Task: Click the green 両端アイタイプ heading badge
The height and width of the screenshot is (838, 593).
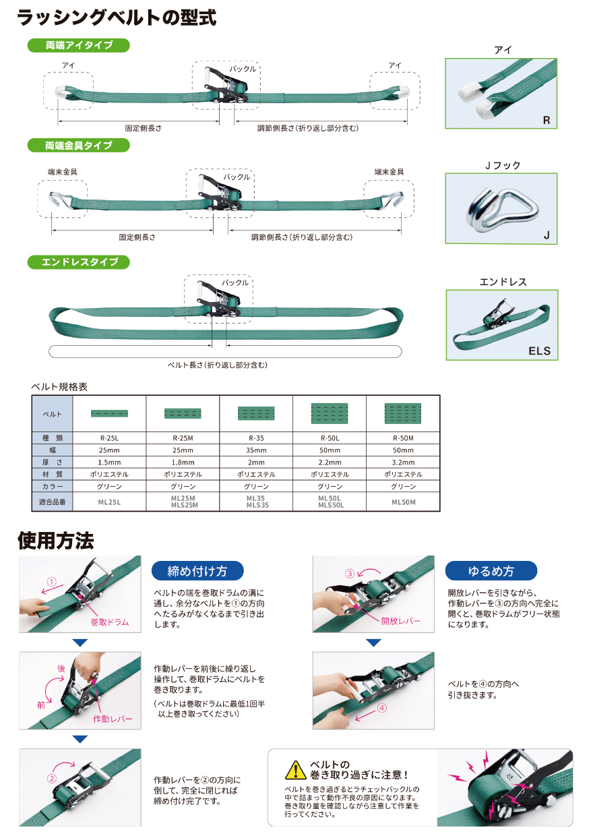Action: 79,45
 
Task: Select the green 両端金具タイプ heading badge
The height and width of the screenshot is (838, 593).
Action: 79,145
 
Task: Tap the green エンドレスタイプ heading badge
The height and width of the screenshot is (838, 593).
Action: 79,262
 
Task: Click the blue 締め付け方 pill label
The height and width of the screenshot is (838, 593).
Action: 197,571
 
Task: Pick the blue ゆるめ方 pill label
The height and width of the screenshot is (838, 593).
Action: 491,571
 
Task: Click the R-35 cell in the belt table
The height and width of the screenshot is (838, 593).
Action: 256,438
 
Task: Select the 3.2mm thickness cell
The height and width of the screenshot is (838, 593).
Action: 403,462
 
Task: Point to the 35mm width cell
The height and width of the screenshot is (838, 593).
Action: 256,450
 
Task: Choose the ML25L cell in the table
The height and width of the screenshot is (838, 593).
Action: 109,502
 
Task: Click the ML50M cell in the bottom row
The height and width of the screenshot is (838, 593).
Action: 403,502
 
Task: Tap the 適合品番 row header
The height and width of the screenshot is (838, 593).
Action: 53,502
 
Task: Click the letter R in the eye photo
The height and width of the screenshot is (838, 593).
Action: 547,120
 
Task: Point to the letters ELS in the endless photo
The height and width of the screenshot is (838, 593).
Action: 539,351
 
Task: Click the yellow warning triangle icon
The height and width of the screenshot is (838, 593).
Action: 295,770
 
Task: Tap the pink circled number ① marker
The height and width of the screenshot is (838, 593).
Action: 51,582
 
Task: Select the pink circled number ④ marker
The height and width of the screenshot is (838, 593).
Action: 382,707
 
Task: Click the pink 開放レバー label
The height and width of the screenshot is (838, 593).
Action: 400,621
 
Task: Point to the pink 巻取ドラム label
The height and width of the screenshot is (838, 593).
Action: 110,622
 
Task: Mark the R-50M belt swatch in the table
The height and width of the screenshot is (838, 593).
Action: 403,413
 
